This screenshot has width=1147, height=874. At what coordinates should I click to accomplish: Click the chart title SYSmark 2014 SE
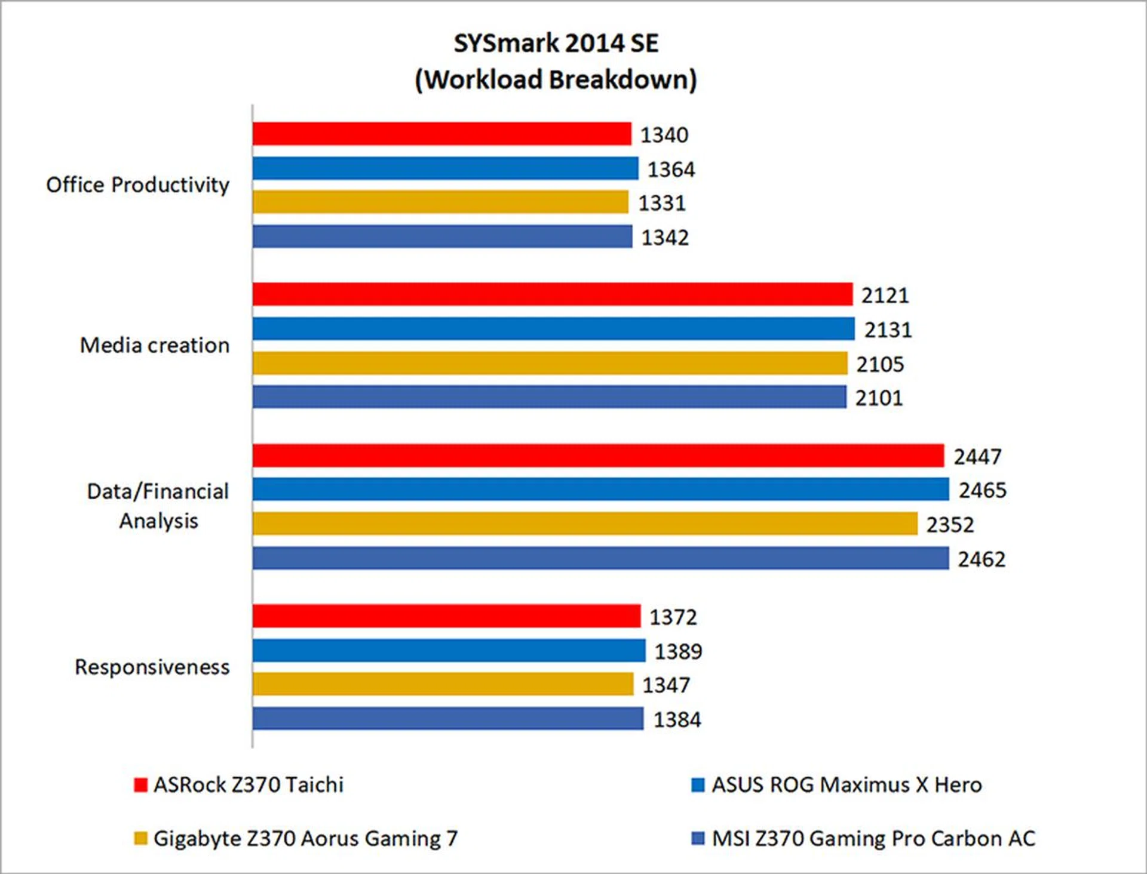coord(556,44)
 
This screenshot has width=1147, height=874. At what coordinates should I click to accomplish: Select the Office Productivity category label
coord(137,185)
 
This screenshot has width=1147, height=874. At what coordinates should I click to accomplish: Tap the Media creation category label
coord(155,345)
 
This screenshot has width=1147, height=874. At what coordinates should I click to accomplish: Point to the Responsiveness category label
coord(152,667)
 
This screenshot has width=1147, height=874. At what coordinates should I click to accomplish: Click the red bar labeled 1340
coord(441,134)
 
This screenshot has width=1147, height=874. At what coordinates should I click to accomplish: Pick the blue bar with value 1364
coord(445,168)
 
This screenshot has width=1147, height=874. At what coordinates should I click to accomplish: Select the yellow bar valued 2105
coord(550,363)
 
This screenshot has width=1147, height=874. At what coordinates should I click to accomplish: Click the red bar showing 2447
coord(597,456)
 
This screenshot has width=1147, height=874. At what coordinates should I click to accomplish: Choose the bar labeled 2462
coord(600,558)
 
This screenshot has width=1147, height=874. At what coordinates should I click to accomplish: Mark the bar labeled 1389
coord(449,651)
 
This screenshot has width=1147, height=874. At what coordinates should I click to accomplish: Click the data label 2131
coord(888,330)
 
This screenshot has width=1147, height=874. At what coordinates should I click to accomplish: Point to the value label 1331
coord(662,203)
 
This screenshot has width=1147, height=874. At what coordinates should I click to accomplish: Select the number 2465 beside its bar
coord(983,490)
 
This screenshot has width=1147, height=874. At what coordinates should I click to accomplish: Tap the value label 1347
coord(666,685)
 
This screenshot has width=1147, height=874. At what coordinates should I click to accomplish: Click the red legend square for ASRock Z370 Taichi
coord(140,784)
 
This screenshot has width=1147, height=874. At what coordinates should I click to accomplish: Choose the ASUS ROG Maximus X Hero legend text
coord(847,784)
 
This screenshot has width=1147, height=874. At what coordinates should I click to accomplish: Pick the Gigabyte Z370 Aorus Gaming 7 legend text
coord(305,838)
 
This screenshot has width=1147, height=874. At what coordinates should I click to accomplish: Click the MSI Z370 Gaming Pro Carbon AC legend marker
coord(697,838)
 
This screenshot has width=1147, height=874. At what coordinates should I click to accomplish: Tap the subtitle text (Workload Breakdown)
coord(556,79)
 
